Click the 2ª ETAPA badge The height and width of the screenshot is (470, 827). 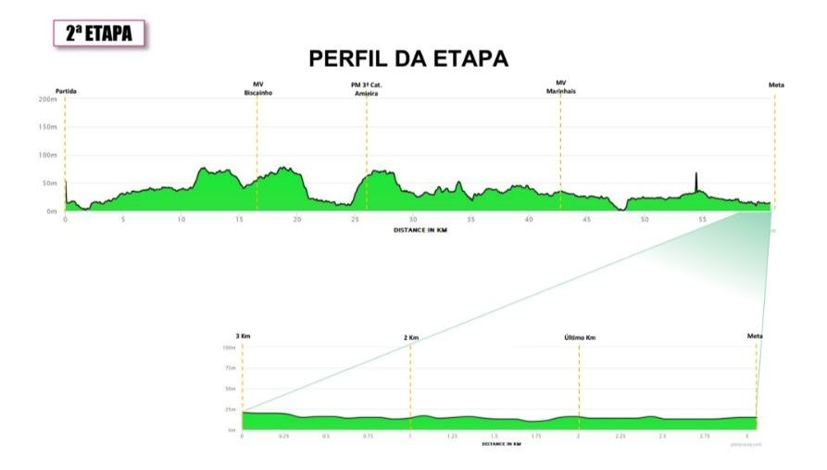click(99, 33)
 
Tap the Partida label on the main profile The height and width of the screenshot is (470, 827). click(65, 90)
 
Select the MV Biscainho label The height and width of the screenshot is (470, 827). click(257, 89)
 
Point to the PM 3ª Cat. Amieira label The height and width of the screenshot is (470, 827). click(367, 89)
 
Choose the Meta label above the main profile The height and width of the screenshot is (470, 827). click(776, 85)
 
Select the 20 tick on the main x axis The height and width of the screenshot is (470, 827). click(296, 220)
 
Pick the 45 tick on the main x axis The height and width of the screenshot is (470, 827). click(586, 220)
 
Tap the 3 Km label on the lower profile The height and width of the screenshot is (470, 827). click(244, 337)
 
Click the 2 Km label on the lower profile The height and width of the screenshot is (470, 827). click(411, 337)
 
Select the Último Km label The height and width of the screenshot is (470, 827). click(579, 337)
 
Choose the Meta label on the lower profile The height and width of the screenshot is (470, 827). click(755, 336)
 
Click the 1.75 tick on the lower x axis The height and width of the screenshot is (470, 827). click(536, 436)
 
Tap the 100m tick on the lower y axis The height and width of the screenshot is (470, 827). click(229, 348)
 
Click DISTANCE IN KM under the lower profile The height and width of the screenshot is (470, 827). click(501, 444)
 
